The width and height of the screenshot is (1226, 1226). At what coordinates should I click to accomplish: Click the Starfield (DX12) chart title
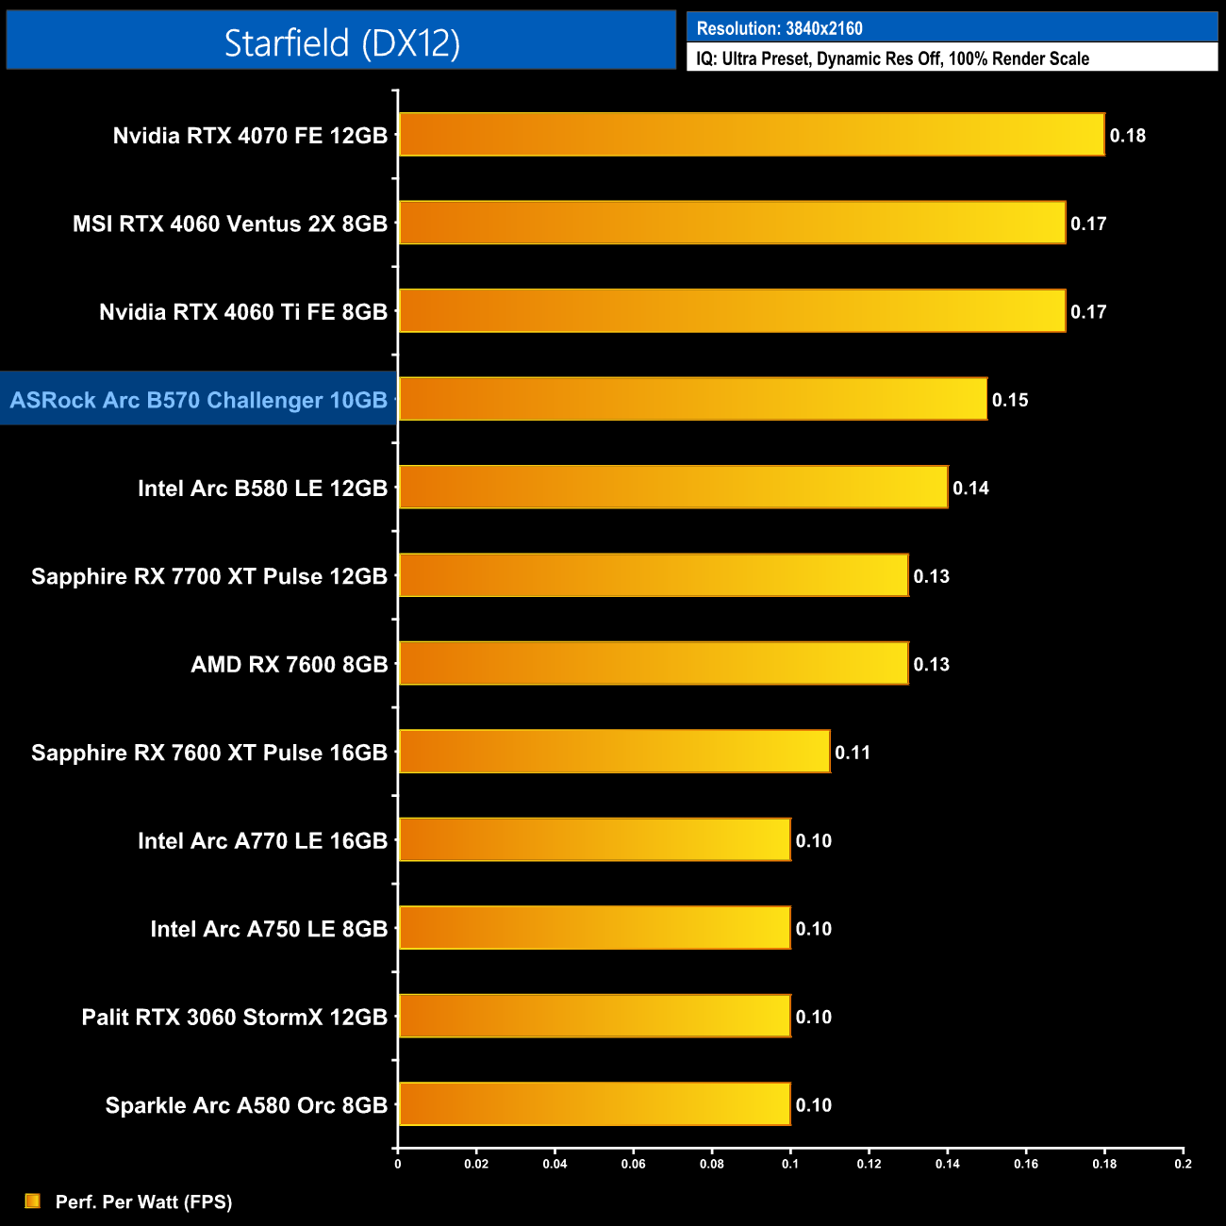(x=341, y=42)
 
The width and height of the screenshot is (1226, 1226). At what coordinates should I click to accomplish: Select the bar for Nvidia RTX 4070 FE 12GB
(x=751, y=135)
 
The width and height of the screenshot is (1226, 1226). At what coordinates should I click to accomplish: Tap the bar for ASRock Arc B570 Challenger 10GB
(x=692, y=399)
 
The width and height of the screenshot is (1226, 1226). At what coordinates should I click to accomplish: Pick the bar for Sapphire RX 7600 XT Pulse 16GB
(x=614, y=752)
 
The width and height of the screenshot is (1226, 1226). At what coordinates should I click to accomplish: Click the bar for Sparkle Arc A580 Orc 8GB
(x=594, y=1104)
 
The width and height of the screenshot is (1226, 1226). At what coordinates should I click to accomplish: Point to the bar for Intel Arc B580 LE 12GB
(x=672, y=488)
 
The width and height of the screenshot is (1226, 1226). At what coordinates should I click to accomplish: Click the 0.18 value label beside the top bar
(x=1127, y=136)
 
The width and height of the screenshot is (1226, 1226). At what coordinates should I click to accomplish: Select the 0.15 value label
(x=1009, y=400)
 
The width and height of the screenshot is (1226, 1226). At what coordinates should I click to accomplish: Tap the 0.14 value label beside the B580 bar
(x=970, y=489)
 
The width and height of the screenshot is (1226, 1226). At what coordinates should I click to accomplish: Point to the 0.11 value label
(x=853, y=753)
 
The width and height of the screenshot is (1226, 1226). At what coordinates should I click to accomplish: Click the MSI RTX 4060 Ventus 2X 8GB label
(x=230, y=224)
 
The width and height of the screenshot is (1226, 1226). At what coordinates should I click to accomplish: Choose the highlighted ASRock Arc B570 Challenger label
(x=199, y=400)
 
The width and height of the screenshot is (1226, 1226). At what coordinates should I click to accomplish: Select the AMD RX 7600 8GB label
(x=290, y=665)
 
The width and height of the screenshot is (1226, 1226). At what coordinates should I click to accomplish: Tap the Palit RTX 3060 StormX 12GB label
(x=235, y=1018)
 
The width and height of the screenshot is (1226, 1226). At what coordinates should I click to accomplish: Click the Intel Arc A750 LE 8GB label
(x=269, y=929)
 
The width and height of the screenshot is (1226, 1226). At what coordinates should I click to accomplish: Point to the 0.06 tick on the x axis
(x=633, y=1164)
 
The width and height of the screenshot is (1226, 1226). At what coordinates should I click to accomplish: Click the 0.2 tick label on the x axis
(x=1183, y=1164)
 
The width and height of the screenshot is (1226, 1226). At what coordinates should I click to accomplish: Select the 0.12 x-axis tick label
(x=869, y=1164)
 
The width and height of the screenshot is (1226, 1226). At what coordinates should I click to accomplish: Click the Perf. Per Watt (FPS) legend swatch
(x=32, y=1201)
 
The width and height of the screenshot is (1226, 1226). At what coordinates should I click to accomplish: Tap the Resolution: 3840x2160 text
(x=779, y=28)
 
